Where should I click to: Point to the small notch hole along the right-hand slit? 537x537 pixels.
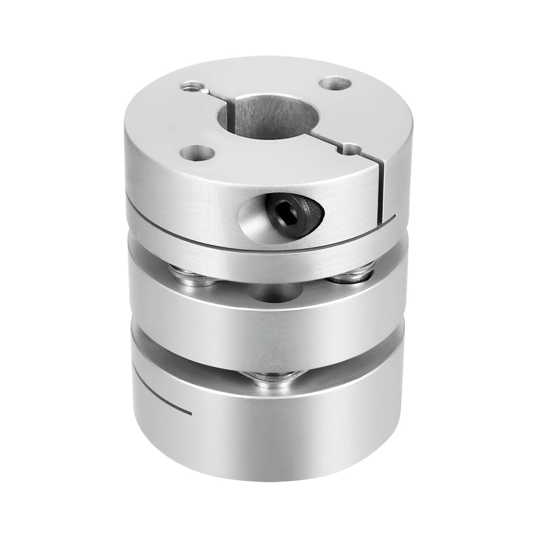point(348,147)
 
